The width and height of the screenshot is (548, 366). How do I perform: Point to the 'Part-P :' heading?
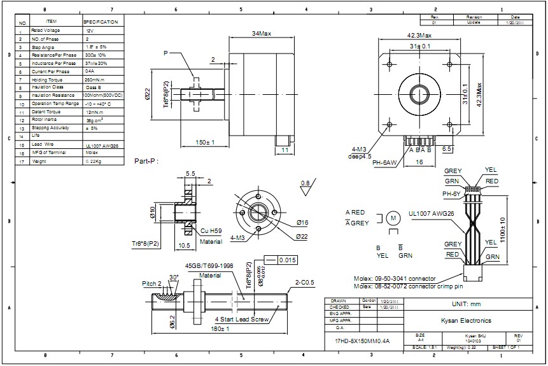pos(146,161)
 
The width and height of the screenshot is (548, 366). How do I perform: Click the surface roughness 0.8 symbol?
pos(306,184)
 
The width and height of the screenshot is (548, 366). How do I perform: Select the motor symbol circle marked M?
pos(393,218)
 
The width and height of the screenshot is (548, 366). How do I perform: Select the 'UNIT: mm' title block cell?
pos(467,304)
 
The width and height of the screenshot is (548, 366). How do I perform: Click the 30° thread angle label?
pos(173,278)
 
